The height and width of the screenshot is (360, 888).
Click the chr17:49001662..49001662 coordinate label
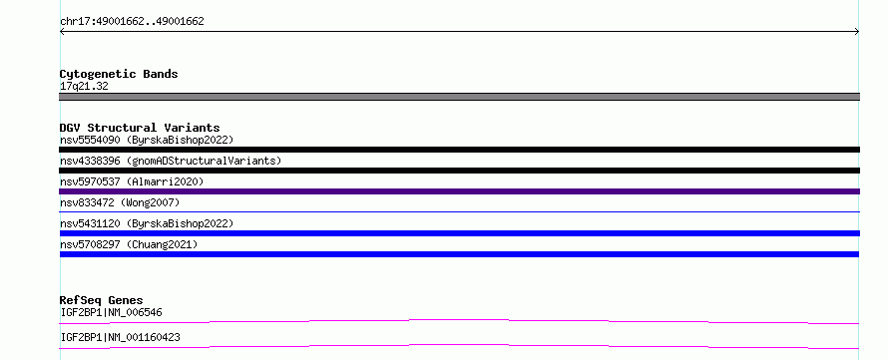132,22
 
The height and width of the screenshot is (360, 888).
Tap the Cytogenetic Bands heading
119,74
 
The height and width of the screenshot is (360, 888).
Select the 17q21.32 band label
84,87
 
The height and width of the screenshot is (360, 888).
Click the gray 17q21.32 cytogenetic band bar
459,97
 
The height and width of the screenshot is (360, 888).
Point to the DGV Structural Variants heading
140,128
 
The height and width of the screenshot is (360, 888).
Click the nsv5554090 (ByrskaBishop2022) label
147,140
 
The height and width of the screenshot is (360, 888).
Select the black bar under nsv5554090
459,150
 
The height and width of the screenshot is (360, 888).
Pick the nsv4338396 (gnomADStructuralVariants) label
171,161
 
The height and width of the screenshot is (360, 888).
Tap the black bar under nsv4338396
459,171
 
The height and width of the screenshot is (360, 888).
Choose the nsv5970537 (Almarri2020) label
132,181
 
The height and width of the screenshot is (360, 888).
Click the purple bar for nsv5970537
459,191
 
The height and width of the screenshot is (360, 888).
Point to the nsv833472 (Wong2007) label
120,202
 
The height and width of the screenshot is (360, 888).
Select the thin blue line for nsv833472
459,211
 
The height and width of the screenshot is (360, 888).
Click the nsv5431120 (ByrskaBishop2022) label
147,223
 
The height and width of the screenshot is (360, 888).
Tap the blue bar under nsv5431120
459,233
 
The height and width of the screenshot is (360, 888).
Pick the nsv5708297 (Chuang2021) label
129,244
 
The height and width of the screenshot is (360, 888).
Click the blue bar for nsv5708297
459,254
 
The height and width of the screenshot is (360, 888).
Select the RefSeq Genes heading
102,300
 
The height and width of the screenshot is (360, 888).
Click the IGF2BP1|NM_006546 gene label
112,312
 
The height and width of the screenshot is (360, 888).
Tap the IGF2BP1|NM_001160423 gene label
120,337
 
